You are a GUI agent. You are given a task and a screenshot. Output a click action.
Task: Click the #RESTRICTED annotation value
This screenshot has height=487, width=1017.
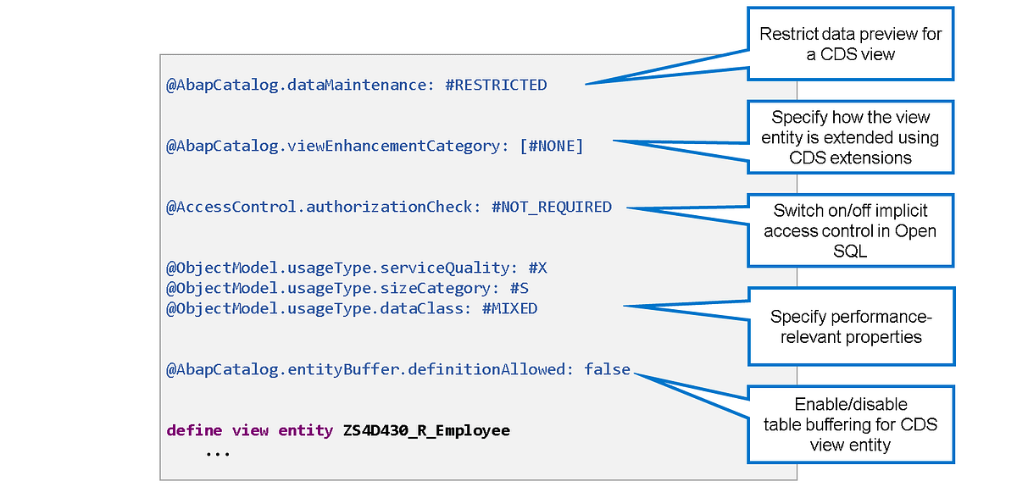(x=497, y=86)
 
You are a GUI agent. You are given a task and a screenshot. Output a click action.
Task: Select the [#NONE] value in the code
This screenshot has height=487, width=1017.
(x=552, y=147)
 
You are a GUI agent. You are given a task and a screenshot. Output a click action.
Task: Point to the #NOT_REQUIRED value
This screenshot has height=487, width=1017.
(x=552, y=208)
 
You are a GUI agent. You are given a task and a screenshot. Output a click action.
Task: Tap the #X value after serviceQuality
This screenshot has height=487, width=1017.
(x=538, y=268)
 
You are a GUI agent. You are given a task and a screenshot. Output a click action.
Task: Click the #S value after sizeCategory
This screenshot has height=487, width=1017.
(x=520, y=289)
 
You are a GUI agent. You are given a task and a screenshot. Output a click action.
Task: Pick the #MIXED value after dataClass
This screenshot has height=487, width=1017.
(x=510, y=309)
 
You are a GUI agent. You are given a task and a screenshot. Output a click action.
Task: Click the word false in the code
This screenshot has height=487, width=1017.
(x=608, y=369)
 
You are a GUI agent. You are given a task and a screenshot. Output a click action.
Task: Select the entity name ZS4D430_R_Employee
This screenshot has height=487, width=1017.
(x=427, y=431)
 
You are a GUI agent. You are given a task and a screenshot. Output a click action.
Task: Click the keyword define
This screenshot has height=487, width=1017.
(x=194, y=430)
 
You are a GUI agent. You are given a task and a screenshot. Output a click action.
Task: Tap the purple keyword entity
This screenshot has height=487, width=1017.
(x=306, y=431)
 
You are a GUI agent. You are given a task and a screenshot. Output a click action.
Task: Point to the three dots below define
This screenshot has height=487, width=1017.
(x=218, y=453)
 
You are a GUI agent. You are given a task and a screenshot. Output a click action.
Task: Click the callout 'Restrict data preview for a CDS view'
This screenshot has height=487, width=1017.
(x=850, y=44)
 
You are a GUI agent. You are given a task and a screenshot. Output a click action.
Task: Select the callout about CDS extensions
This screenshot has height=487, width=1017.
(x=850, y=137)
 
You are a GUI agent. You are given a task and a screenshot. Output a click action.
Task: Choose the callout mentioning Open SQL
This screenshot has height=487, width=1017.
(x=850, y=230)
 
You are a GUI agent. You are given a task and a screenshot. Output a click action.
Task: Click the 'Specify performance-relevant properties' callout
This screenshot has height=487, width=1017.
(x=851, y=326)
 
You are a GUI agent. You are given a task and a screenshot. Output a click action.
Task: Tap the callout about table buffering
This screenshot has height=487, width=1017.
(x=851, y=424)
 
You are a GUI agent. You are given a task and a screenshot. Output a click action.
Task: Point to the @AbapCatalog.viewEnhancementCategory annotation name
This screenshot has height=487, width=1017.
(x=338, y=147)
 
